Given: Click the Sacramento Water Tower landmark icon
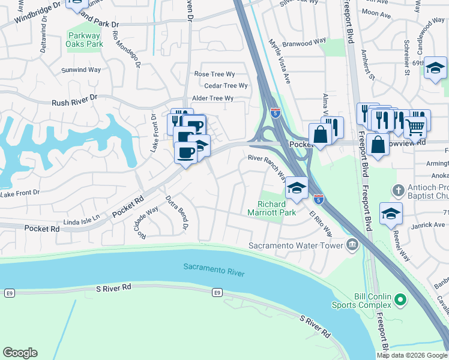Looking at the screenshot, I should (352, 244).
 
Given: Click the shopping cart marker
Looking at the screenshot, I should (415, 126).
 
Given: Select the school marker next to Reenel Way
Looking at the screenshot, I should (391, 214).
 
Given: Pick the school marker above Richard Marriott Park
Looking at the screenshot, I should (296, 189).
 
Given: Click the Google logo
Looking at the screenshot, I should (20, 353).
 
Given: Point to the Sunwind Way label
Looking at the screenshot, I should (81, 70).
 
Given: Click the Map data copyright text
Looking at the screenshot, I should (412, 355).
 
